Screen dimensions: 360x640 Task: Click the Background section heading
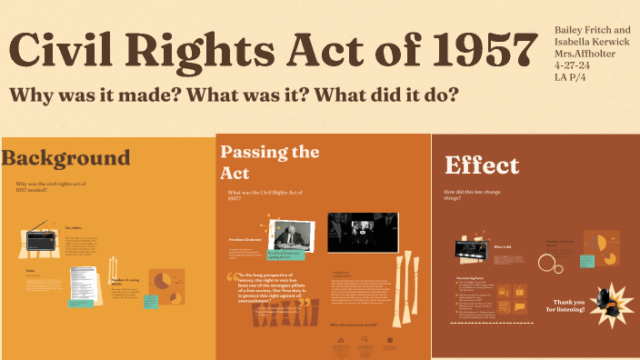pyautogui.click(x=65, y=158)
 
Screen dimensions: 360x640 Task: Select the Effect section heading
pyautogui.click(x=482, y=165)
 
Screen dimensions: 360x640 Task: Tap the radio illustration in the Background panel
pyautogui.click(x=42, y=240)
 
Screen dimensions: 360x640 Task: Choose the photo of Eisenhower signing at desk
pyautogui.click(x=293, y=235)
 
